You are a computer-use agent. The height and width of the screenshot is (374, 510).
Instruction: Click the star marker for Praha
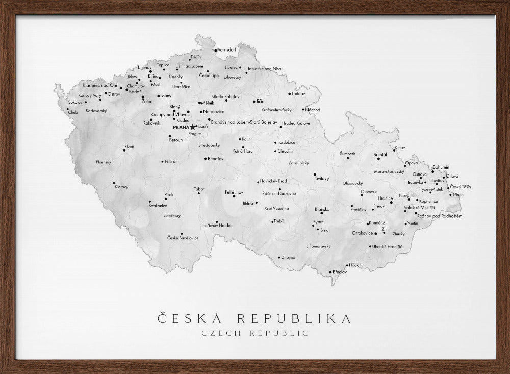192,127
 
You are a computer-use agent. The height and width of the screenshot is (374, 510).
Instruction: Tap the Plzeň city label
129,147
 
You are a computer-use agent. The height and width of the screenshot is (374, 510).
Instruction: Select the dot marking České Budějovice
182,233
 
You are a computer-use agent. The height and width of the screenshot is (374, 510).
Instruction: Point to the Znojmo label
288,257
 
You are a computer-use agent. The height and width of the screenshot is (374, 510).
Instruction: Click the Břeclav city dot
331,272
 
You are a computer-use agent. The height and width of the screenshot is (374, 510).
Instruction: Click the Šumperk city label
347,153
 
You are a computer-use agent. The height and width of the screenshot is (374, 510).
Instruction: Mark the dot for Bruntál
379,159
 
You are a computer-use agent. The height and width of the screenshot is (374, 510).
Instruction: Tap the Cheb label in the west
73,112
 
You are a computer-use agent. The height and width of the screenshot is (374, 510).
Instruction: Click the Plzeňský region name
104,162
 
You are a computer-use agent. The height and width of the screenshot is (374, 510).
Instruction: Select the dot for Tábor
199,193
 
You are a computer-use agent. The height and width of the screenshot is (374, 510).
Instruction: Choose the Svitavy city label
322,178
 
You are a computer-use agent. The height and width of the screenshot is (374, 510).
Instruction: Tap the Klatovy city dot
114,183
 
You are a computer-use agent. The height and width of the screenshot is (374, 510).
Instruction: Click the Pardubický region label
299,163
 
